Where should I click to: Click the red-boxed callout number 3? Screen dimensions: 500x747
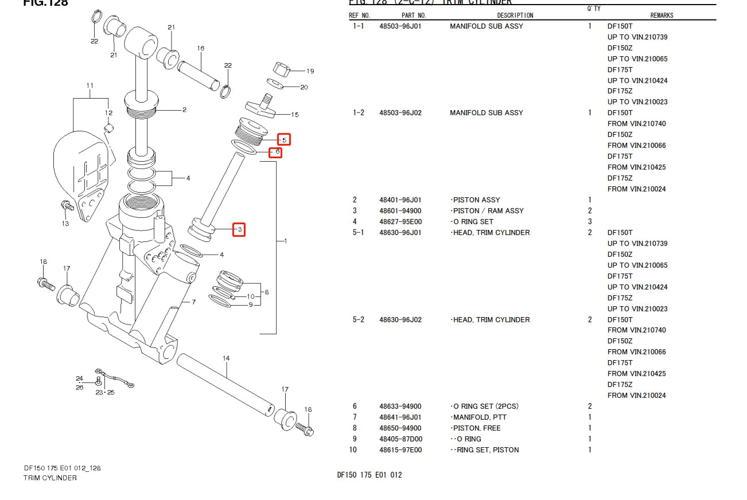click(239, 230)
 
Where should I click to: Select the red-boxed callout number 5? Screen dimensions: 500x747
click(284, 139)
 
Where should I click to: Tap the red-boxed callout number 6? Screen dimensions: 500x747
click(277, 153)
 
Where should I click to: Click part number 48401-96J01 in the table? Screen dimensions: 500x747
click(400, 200)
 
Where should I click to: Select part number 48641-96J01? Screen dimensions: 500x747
click(400, 417)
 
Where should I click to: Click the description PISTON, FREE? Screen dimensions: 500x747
click(476, 428)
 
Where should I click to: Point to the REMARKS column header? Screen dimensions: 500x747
click(662, 15)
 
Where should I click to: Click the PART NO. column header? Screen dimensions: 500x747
click(414, 15)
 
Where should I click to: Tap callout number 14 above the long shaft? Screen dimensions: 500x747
click(226, 358)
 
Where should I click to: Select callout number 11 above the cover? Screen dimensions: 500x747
click(90, 86)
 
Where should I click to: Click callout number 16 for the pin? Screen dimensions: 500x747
click(201, 49)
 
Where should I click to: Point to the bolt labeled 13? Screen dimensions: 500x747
click(65, 205)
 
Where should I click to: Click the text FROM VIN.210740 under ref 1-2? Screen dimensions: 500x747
click(637, 124)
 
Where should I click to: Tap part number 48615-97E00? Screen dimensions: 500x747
click(400, 450)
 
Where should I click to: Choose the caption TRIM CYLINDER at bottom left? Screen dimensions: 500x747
click(50, 478)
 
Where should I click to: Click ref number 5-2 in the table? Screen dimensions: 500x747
click(358, 320)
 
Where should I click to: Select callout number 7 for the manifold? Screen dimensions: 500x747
click(194, 302)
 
